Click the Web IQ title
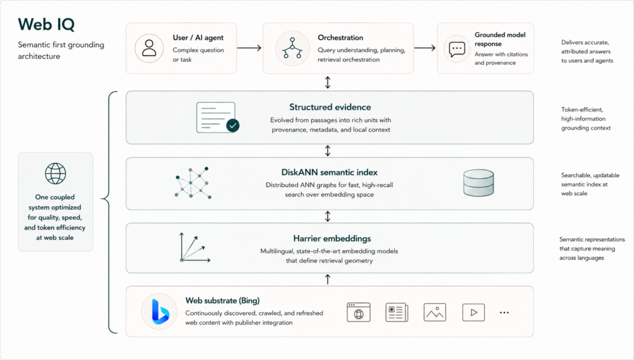click(x=46, y=25)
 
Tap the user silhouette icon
click(x=149, y=48)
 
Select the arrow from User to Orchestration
click(x=249, y=48)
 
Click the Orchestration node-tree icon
click(x=292, y=48)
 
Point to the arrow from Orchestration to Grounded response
click(x=425, y=48)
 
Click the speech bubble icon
click(x=457, y=50)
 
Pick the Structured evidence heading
click(x=330, y=107)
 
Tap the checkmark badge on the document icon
click(x=233, y=125)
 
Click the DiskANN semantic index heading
click(x=329, y=172)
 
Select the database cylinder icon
click(x=479, y=183)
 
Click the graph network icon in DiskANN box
click(x=193, y=183)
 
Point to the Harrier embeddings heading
click(x=332, y=239)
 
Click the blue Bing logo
click(x=160, y=312)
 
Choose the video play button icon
click(x=474, y=312)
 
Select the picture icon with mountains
click(x=435, y=312)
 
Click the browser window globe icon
click(x=358, y=312)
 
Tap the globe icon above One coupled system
click(x=55, y=173)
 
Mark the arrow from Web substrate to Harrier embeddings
click(x=328, y=279)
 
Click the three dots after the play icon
click(x=504, y=313)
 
